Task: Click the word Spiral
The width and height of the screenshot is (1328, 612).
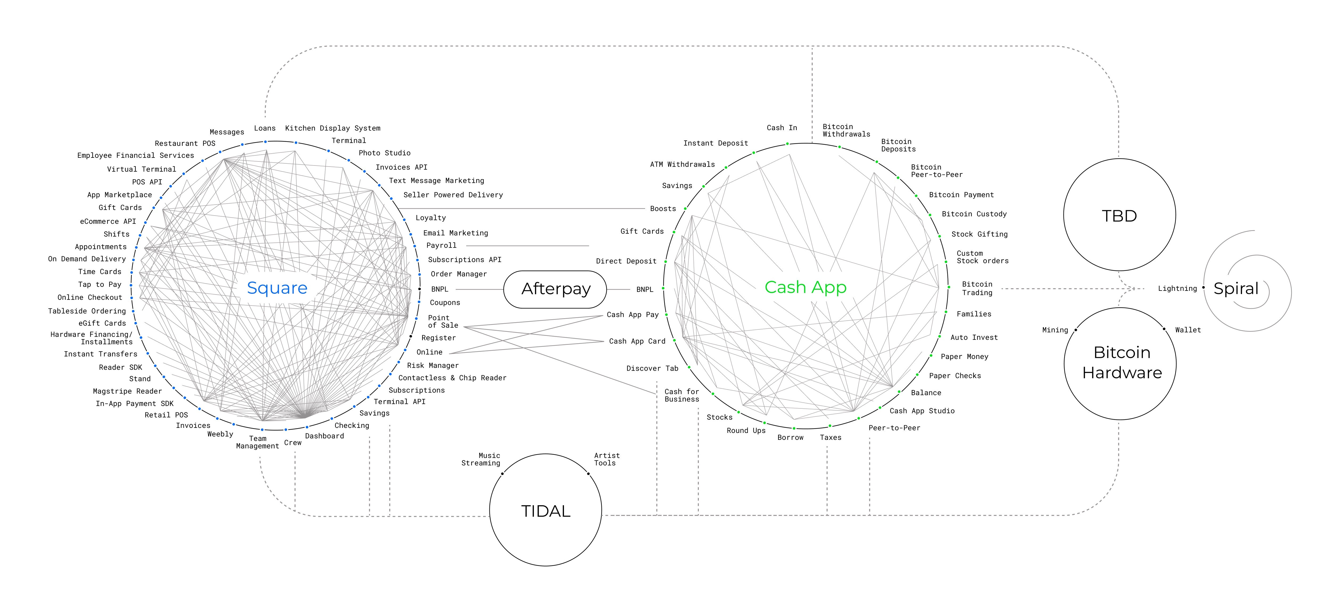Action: pos(1236,289)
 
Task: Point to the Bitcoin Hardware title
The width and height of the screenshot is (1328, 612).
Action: pos(1122,362)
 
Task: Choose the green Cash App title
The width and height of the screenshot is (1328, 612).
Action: pos(805,287)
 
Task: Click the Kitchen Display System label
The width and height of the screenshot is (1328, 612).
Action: pos(333,128)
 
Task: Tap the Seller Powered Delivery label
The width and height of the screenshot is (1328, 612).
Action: pos(453,195)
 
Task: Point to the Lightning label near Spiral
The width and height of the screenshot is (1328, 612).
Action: pos(1177,289)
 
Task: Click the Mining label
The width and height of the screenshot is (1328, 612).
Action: pos(1055,330)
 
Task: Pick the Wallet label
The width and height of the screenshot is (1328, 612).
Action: pos(1188,330)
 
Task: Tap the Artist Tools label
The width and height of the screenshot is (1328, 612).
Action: pos(607,459)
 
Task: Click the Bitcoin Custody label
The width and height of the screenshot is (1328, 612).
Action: pos(974,214)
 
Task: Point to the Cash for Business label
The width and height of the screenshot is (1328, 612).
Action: pos(682,395)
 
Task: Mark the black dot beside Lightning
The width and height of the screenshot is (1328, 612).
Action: pos(1203,288)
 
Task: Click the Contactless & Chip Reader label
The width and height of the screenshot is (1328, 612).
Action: pos(452,378)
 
